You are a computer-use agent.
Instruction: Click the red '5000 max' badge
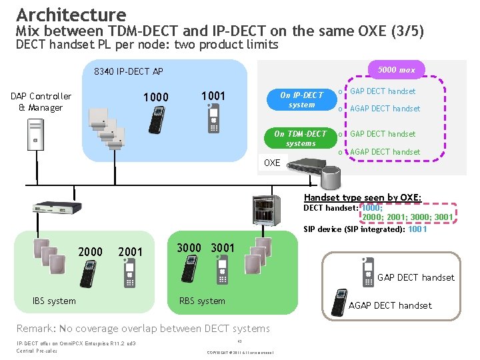[396, 70]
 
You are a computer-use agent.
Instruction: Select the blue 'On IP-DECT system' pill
[301, 99]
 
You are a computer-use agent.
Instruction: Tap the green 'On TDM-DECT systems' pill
[301, 138]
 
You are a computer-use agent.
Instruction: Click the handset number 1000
[156, 97]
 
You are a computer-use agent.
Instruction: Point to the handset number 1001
[213, 96]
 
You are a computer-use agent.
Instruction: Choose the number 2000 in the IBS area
[91, 251]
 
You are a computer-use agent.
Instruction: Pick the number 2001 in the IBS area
[130, 251]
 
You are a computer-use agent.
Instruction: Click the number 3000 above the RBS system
[189, 248]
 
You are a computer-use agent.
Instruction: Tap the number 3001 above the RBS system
[223, 248]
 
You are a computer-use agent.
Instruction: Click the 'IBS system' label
[54, 301]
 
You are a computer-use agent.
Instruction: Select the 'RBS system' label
[202, 301]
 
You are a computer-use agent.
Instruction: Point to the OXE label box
[273, 163]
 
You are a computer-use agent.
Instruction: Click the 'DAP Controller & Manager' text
[41, 102]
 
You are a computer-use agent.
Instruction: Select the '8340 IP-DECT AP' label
[129, 71]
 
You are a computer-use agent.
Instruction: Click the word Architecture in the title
[71, 15]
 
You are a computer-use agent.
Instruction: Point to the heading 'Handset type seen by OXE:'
[362, 197]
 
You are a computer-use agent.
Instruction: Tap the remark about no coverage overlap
[143, 328]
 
